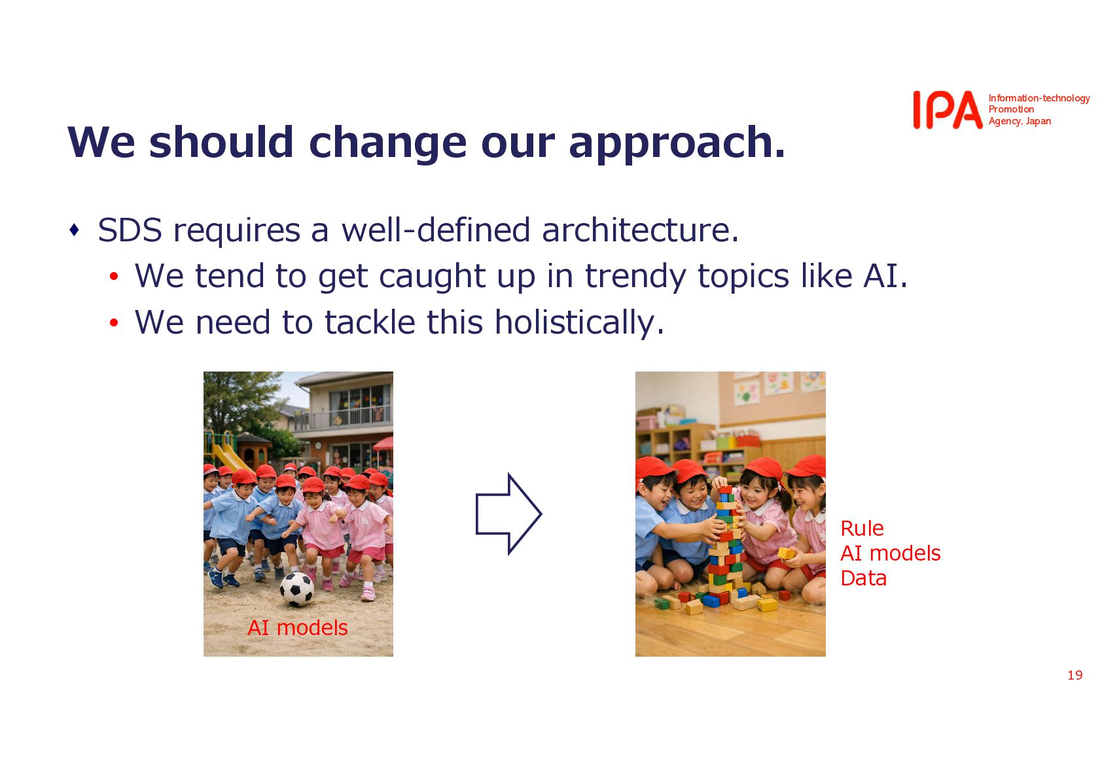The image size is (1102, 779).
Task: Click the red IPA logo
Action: (948, 110)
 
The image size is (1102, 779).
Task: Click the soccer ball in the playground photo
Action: (296, 589)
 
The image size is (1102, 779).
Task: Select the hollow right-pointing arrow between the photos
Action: (508, 514)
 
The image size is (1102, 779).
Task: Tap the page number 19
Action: (1075, 675)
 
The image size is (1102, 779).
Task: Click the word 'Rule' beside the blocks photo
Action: (862, 528)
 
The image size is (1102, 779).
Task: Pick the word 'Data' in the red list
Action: (863, 578)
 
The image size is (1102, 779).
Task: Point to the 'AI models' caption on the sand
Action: (298, 627)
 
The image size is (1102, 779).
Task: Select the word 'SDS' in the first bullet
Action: (130, 230)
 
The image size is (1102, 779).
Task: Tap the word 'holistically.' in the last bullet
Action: (579, 323)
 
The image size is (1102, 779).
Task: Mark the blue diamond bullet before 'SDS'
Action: (75, 230)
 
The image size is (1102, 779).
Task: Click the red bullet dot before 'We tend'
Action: (114, 277)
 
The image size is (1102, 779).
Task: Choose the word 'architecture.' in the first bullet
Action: (640, 230)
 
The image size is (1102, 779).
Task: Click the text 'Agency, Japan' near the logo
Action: (1020, 121)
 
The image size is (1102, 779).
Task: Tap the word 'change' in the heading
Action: (387, 144)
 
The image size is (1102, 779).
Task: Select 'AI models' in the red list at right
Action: (891, 553)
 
